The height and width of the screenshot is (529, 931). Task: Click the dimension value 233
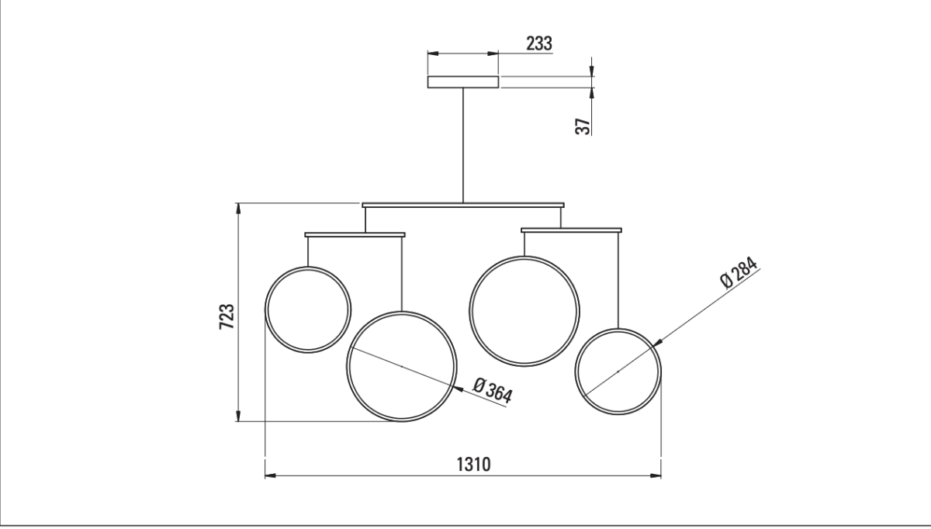coord(539,43)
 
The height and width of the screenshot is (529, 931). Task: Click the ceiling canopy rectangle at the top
coord(462,81)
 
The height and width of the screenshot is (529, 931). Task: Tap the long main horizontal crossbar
coord(462,205)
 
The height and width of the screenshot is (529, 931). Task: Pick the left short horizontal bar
coord(355,233)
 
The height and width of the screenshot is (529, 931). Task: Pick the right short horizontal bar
coord(571,230)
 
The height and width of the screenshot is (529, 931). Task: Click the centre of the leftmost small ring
coord(308,309)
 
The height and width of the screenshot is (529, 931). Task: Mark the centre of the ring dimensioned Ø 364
coord(401,366)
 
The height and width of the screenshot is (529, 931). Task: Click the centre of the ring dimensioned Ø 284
coord(618,372)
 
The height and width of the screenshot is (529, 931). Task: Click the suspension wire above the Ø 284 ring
coord(618,279)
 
